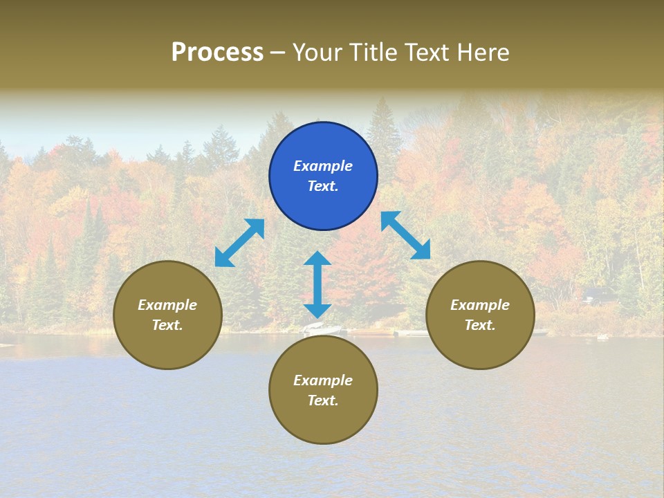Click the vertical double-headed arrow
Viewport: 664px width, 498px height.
point(317,284)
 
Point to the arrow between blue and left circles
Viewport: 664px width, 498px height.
point(239,243)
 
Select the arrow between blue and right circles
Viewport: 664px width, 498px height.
point(405,235)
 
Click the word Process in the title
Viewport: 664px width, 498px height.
point(217,53)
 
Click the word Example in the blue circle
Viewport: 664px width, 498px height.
point(323,166)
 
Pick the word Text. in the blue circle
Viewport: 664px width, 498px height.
point(323,186)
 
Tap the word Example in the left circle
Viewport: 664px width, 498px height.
point(167,305)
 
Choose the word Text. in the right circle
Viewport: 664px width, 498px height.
point(480,325)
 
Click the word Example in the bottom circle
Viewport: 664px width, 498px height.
point(323,380)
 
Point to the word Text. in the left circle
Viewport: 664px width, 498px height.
point(167,325)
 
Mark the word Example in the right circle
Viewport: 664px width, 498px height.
point(480,305)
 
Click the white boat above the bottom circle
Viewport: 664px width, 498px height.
point(323,329)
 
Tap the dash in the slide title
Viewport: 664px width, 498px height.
point(278,53)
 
